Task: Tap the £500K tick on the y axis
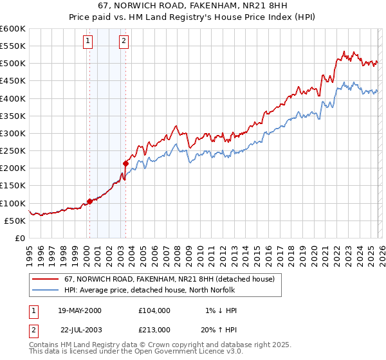[12, 64]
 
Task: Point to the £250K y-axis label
[12, 151]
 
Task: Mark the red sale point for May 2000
[89, 201]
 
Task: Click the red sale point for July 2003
[125, 163]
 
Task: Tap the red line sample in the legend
[46, 279]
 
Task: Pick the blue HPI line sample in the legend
[46, 290]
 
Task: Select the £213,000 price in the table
[154, 330]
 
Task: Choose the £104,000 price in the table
[154, 310]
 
